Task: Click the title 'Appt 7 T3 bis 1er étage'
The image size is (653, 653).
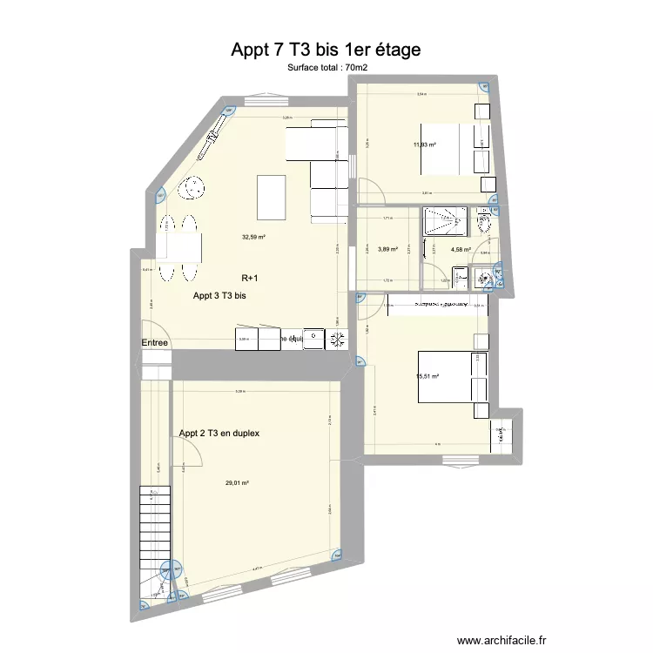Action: [326, 50]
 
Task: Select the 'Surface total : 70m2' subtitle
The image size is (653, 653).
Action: [326, 67]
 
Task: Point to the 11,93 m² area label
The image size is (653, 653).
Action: [425, 145]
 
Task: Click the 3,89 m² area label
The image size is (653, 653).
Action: [387, 250]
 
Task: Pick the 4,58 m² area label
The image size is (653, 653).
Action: [461, 250]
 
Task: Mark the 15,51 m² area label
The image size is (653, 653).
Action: [427, 376]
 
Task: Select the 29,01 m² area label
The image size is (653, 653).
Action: [237, 483]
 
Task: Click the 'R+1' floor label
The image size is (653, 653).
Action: [251, 279]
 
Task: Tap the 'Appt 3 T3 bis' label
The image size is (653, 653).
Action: [219, 296]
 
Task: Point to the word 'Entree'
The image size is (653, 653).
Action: [154, 343]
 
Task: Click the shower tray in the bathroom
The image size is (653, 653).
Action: [443, 221]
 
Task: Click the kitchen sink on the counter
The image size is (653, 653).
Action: [313, 340]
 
